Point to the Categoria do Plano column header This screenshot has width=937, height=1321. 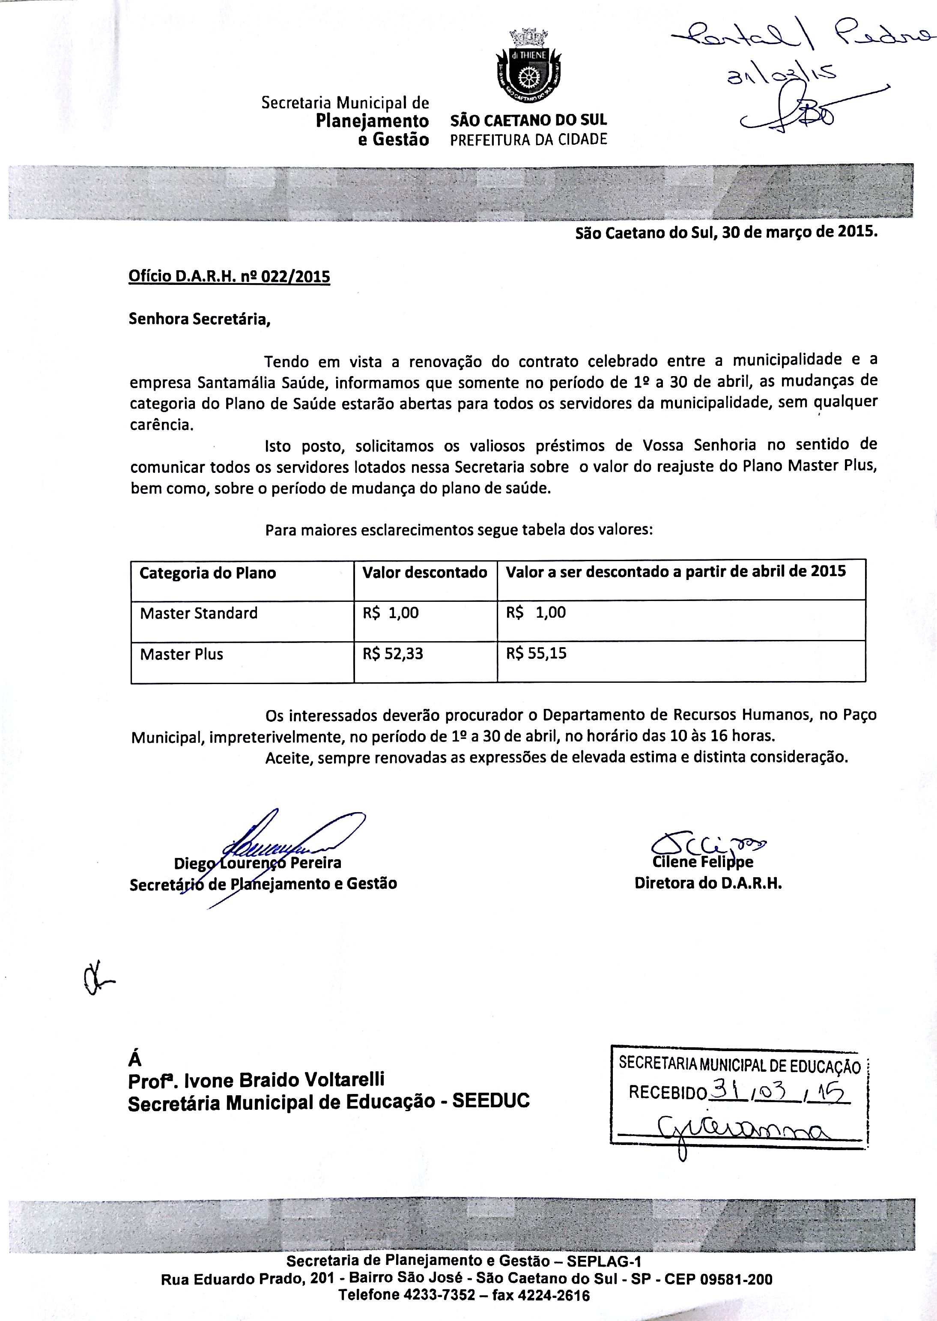click(x=208, y=573)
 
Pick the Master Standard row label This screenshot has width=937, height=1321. click(x=198, y=613)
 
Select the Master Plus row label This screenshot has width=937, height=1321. click(x=181, y=654)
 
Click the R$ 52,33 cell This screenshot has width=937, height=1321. click(x=392, y=654)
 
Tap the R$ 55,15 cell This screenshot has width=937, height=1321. click(x=536, y=654)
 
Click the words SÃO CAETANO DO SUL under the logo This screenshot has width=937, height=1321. click(x=528, y=121)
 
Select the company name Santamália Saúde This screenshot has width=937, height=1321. click(x=263, y=382)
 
